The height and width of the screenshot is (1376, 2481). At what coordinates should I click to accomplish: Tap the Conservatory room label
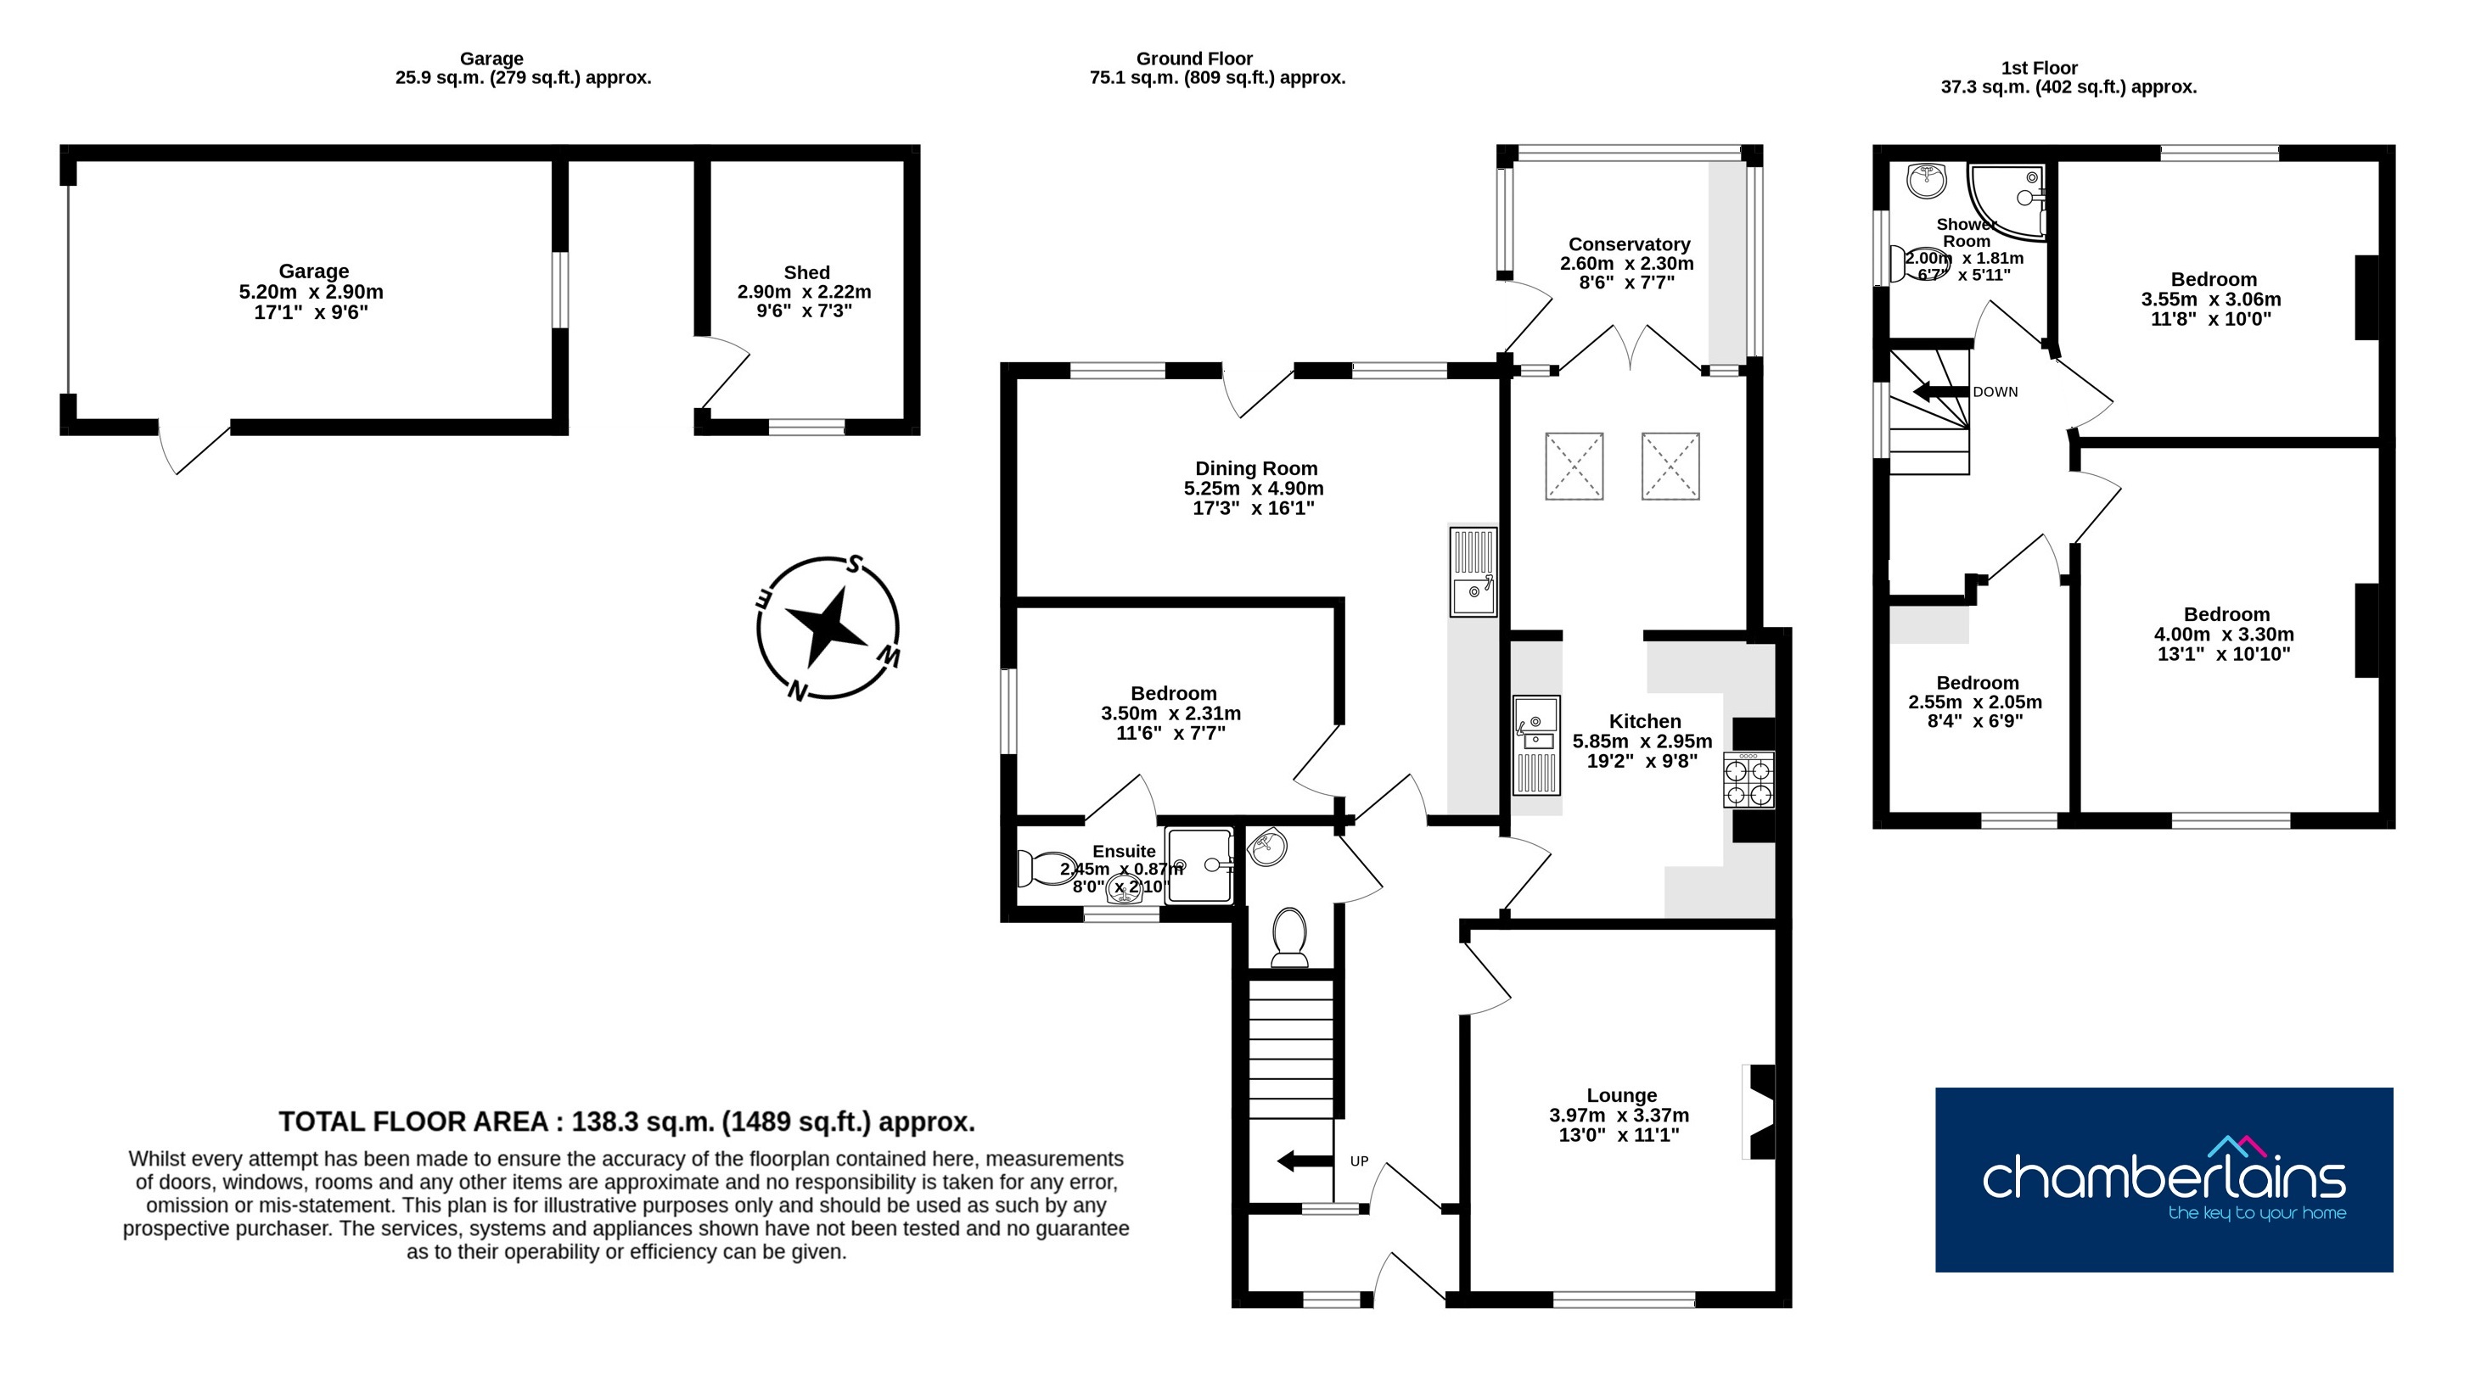tap(1629, 244)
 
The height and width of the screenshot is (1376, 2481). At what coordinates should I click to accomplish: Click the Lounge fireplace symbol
tap(1760, 1111)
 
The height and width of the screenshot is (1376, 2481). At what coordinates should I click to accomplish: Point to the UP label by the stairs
tap(1359, 1161)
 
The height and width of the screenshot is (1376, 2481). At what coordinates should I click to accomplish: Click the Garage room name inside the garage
tap(314, 271)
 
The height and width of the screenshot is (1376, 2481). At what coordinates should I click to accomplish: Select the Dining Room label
tap(1256, 469)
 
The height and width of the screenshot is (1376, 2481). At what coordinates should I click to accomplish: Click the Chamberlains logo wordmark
tap(2164, 1176)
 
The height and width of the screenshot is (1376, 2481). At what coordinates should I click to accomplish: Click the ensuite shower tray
tap(1199, 864)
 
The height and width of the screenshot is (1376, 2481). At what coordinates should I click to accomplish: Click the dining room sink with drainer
tap(1473, 571)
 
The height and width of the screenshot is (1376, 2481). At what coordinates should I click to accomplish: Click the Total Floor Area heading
tap(627, 1121)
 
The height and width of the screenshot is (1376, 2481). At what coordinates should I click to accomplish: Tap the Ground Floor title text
tap(1194, 59)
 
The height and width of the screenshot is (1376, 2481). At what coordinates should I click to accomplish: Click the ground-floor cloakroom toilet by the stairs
tap(1289, 937)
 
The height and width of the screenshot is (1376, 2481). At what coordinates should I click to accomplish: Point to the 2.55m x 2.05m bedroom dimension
tap(1975, 702)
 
